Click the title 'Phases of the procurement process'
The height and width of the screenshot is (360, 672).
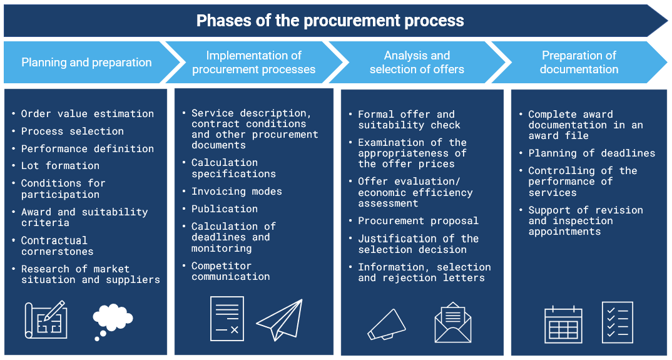click(x=330, y=21)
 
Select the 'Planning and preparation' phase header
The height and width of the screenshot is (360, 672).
click(x=86, y=63)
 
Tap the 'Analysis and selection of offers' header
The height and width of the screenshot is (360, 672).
click(x=417, y=63)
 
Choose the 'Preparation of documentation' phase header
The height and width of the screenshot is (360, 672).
click(x=579, y=63)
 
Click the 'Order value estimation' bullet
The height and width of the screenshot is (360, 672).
click(x=87, y=114)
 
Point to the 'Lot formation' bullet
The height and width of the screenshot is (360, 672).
click(x=60, y=166)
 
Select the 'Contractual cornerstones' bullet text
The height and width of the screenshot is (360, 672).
click(x=57, y=246)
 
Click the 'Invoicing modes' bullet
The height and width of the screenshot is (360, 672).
click(x=237, y=192)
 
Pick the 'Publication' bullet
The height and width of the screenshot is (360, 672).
click(x=225, y=209)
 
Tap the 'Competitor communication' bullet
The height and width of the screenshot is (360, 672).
click(x=230, y=271)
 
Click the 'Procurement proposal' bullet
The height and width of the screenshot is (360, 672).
click(x=418, y=221)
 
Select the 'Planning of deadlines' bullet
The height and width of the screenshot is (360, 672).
click(x=591, y=153)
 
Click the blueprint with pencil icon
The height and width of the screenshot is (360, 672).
click(x=46, y=319)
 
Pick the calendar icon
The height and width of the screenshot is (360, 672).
click(x=563, y=324)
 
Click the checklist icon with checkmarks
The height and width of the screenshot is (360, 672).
click(x=618, y=322)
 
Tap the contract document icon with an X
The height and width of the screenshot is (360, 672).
click(x=227, y=319)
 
